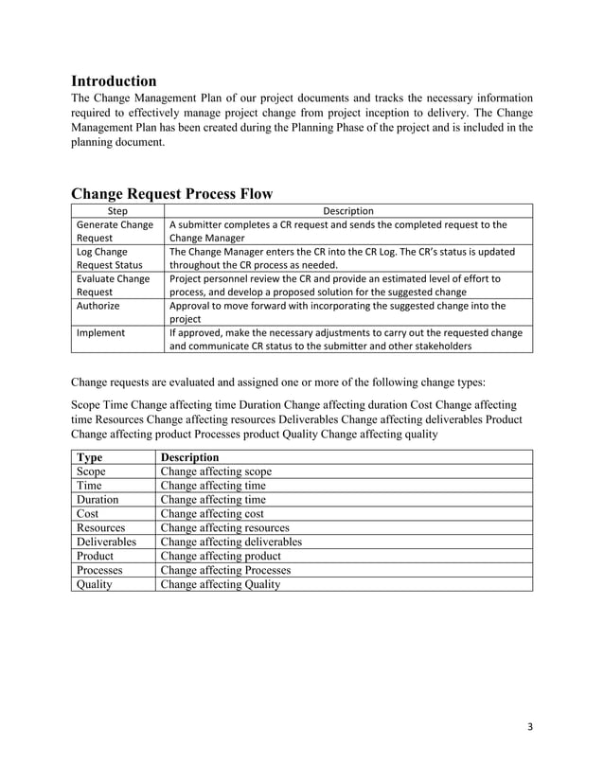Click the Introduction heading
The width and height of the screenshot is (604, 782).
pos(114,80)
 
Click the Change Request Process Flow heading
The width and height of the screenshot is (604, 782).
pos(172,193)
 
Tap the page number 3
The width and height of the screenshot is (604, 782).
pos(530,727)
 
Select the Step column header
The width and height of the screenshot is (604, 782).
pos(118,210)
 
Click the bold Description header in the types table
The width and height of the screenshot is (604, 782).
pos(189,456)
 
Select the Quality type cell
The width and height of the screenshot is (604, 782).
pos(94,584)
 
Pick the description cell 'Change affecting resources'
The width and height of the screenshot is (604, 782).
pos(224,527)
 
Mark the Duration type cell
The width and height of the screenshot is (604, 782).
pos(98,499)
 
